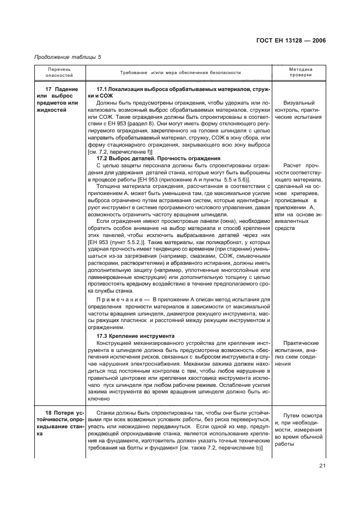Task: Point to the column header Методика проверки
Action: [x=301, y=73]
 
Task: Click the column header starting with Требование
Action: [x=180, y=73]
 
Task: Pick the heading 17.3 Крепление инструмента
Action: [x=135, y=336]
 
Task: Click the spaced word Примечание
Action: [x=119, y=300]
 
